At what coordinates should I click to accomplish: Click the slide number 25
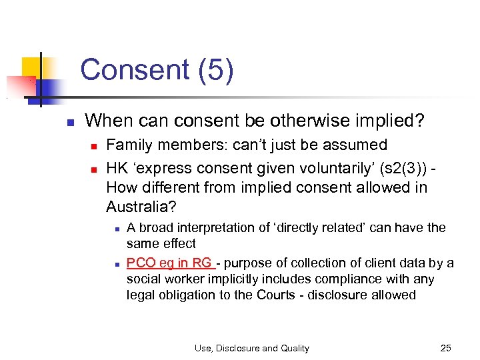tap(446, 347)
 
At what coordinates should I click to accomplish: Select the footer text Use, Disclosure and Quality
tap(252, 348)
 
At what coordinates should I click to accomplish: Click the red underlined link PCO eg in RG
tap(169, 263)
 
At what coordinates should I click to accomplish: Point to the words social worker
tap(160, 279)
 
